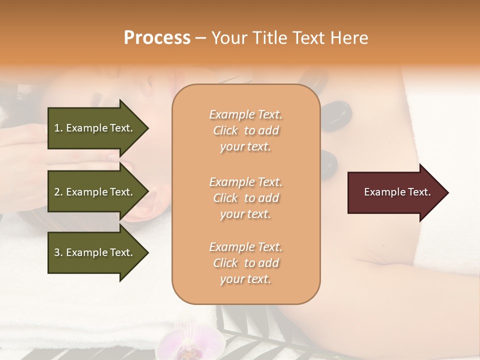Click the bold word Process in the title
[x=157, y=38]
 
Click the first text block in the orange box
[x=245, y=130]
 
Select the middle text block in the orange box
[x=245, y=198]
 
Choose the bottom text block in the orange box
[x=245, y=263]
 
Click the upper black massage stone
[x=334, y=115]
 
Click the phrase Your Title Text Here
[x=290, y=38]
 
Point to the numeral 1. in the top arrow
[x=58, y=128]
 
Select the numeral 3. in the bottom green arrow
[x=58, y=252]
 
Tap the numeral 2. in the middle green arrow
[x=58, y=192]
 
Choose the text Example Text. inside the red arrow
[x=397, y=192]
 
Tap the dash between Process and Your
[x=201, y=38]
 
